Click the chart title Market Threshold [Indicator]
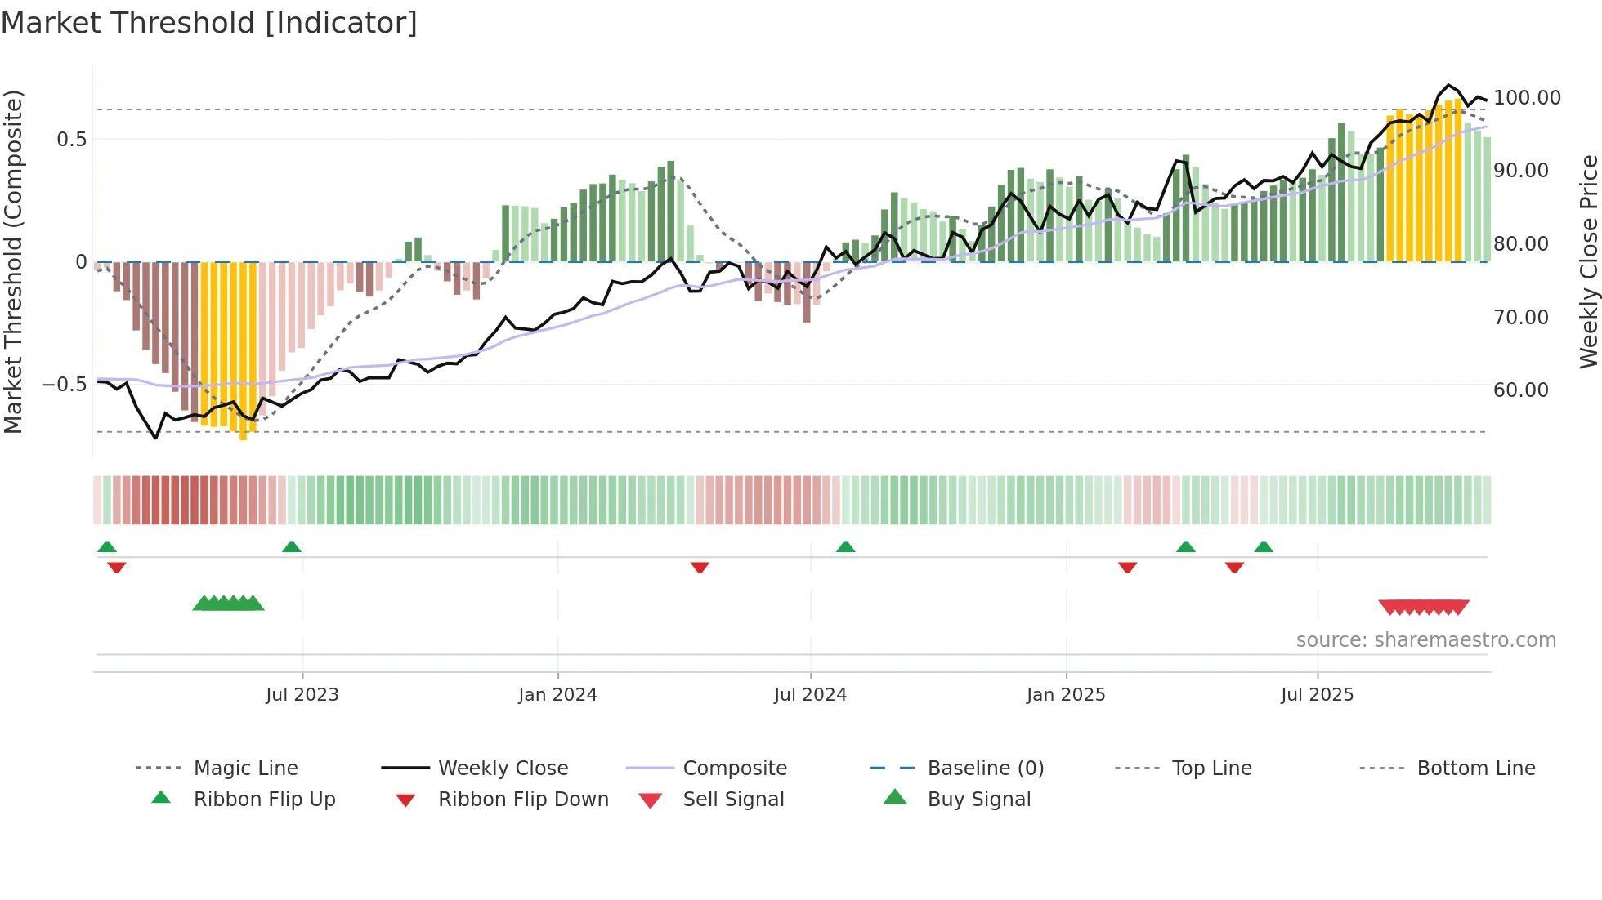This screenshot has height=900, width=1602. point(209,23)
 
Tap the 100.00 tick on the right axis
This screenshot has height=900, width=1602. point(1526,98)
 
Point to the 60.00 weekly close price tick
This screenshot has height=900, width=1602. point(1520,390)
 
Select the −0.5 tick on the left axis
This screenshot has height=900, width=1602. point(64,385)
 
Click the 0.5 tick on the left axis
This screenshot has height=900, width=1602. point(71,140)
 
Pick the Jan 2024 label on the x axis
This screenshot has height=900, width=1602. point(557,695)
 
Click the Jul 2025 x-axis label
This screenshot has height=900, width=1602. point(1317,695)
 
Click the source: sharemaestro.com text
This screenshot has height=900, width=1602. point(1425,640)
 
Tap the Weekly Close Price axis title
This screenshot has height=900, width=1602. point(1588,261)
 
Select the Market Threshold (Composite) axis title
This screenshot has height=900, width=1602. point(13,261)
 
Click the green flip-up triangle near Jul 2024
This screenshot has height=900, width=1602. point(845,547)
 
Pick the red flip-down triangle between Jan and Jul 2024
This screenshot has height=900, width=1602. point(700,567)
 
